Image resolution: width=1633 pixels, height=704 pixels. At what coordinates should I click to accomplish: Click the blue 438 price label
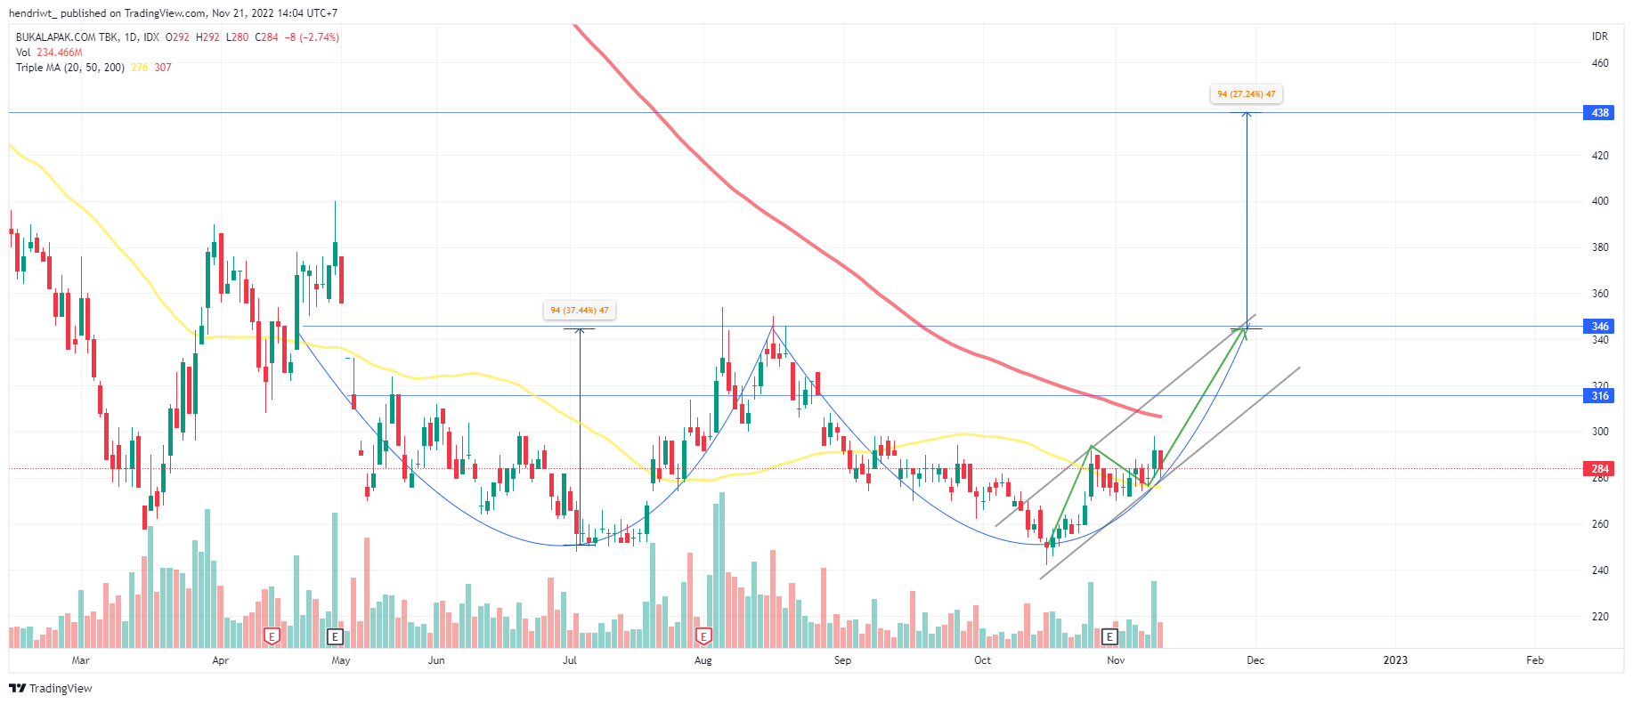point(1600,113)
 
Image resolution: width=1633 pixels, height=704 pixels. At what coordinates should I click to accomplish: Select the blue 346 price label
point(1600,327)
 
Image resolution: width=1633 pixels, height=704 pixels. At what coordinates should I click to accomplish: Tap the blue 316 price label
point(1600,396)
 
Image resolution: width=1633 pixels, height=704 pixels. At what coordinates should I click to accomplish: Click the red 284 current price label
point(1600,469)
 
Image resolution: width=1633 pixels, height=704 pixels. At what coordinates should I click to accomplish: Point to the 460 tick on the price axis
point(1600,63)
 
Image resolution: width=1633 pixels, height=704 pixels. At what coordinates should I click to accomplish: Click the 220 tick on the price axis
point(1600,617)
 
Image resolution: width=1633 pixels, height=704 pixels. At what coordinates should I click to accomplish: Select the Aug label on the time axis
point(703,660)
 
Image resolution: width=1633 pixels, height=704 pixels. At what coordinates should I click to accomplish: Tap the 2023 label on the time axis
point(1395,660)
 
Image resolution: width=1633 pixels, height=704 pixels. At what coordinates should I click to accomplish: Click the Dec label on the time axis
point(1255,660)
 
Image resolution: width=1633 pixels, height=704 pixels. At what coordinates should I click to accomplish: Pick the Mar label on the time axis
point(80,660)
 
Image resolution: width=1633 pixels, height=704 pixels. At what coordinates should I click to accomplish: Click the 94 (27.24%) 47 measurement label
point(1246,94)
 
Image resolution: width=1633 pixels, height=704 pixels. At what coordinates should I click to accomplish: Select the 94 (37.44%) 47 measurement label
point(580,311)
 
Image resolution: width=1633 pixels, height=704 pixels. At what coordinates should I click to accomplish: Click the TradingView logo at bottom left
point(51,689)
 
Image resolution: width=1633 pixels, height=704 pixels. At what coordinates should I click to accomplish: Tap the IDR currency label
point(1600,36)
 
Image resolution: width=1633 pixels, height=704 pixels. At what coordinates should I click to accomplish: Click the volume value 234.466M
point(60,53)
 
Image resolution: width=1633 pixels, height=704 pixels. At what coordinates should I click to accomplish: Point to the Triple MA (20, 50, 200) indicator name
point(70,68)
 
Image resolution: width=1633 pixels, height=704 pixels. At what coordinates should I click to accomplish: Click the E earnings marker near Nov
point(1109,636)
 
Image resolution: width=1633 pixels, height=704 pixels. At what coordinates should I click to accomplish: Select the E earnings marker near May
point(335,636)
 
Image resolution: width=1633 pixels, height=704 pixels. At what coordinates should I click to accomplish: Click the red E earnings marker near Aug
point(703,636)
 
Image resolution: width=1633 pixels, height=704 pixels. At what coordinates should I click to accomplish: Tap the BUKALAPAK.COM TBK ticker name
point(68,37)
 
